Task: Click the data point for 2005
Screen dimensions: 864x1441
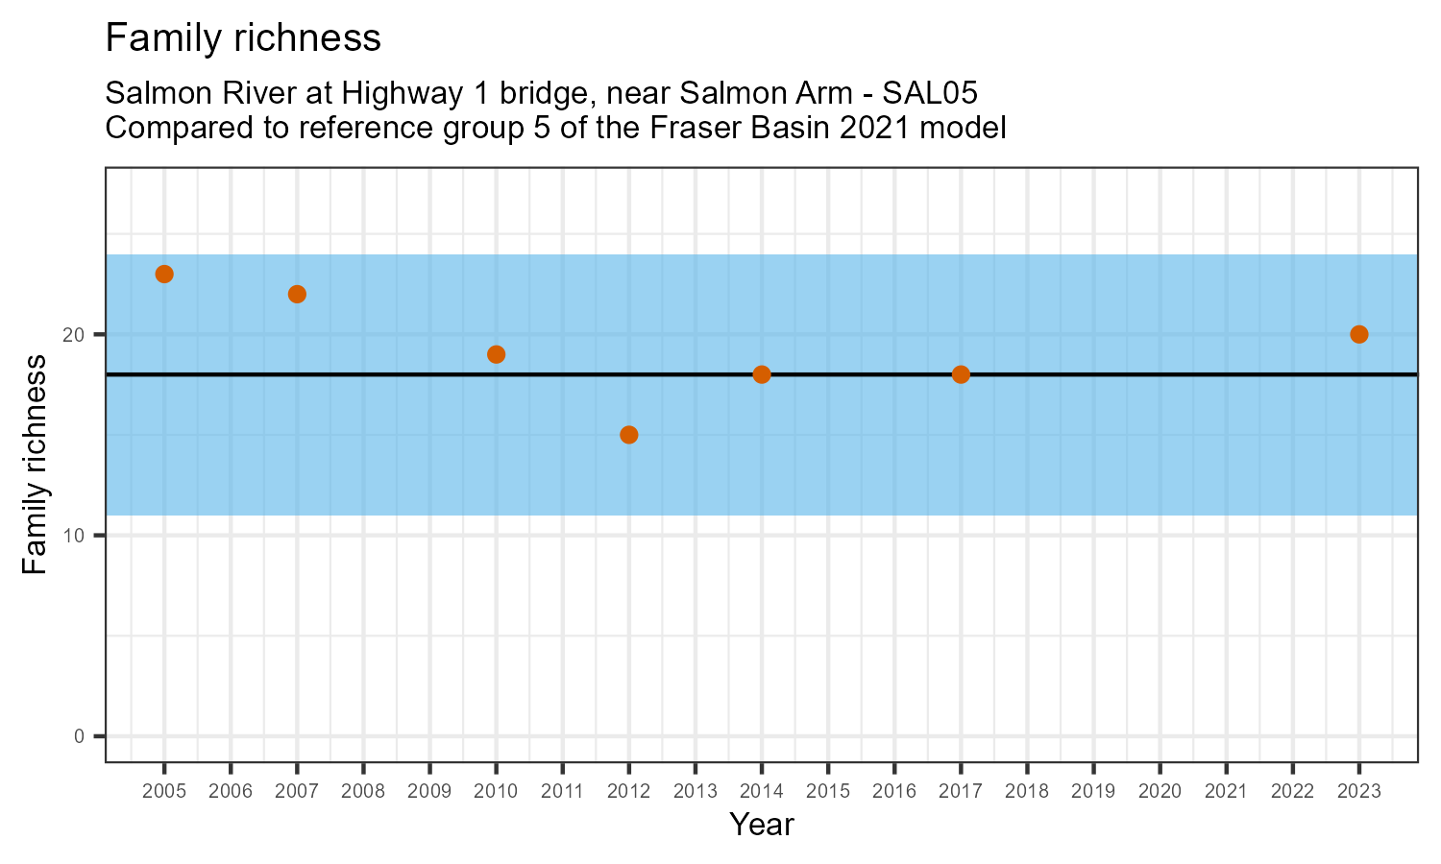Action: point(164,275)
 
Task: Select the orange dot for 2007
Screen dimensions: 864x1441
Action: point(297,294)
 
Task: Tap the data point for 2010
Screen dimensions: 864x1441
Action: point(496,354)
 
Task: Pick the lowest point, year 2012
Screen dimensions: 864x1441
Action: point(629,435)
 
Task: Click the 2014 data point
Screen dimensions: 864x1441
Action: point(762,374)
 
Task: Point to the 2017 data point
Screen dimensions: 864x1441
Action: point(961,374)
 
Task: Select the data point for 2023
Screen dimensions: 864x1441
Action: point(1358,334)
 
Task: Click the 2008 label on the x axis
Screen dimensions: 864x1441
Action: point(363,792)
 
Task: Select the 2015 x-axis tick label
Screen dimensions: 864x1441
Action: point(828,792)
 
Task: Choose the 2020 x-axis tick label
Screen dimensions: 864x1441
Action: point(1160,792)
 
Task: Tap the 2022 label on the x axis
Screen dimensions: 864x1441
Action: point(1292,792)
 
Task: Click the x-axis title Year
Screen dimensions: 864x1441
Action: point(762,825)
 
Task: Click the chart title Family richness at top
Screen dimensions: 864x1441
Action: point(243,39)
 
